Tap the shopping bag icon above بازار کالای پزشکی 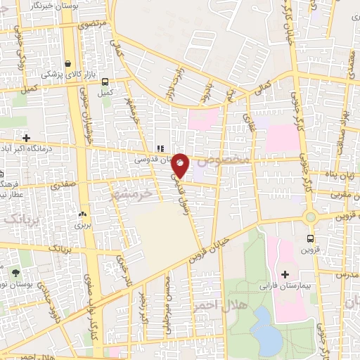click(67, 62)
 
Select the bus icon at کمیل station click(105, 82)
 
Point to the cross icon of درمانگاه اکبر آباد click(27, 138)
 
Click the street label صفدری click(63, 186)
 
